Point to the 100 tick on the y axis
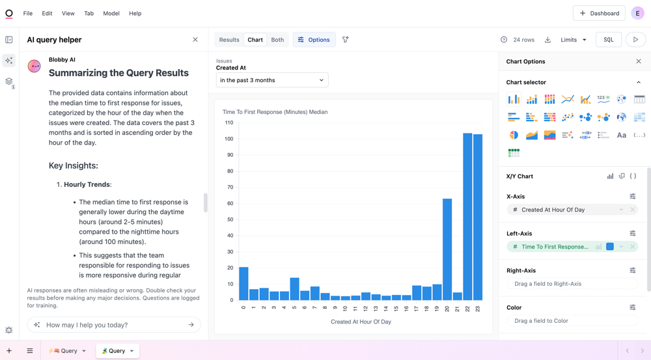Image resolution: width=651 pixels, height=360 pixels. click(x=229, y=139)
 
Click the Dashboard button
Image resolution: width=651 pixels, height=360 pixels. click(x=599, y=13)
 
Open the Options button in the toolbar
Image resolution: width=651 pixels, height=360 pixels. click(x=314, y=40)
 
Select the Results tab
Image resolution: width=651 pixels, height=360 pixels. click(x=229, y=40)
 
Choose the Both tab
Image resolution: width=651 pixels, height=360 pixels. click(x=277, y=40)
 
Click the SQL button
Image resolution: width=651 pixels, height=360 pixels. click(x=608, y=40)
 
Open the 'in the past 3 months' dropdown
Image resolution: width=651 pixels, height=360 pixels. click(x=272, y=80)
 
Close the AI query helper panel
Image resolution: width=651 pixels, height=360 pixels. click(x=195, y=40)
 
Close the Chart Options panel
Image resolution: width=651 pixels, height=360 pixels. click(x=639, y=61)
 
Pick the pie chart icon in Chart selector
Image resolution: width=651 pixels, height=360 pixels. click(x=514, y=135)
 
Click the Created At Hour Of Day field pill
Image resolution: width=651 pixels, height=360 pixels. click(x=563, y=210)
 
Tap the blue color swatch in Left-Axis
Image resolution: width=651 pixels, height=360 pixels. click(x=610, y=247)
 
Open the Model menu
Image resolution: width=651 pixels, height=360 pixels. click(x=111, y=13)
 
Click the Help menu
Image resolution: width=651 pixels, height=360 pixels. click(x=135, y=13)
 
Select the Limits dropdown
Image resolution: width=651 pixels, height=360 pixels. click(x=574, y=40)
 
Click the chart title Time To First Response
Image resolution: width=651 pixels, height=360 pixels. click(x=275, y=112)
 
